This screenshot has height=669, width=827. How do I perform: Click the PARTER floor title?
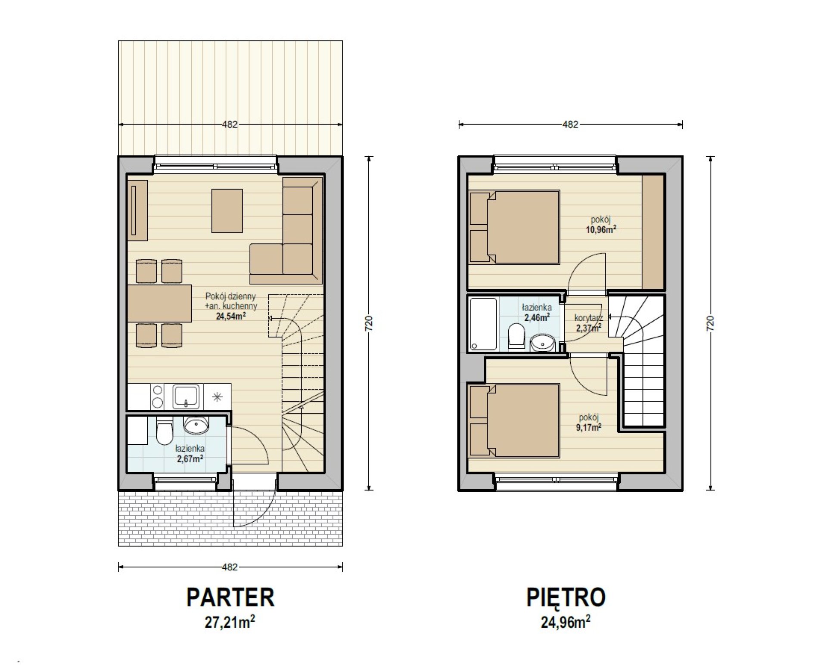(230, 597)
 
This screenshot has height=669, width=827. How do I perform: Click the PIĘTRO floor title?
(566, 597)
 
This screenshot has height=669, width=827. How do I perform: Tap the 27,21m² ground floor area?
(230, 623)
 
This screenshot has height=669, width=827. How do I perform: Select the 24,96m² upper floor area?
(566, 623)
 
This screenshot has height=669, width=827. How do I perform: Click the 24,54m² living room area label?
(230, 316)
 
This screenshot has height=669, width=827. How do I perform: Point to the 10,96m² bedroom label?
(600, 229)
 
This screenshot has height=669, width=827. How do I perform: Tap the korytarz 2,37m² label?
(589, 323)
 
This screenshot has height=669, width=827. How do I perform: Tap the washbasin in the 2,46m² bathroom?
(542, 343)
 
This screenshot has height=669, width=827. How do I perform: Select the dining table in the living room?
(159, 303)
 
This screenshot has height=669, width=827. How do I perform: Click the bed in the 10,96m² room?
(515, 227)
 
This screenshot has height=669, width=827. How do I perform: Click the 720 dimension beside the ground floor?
(369, 323)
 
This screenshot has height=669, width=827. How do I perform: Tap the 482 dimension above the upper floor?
(570, 124)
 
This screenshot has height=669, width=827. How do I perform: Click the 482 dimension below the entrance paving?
(230, 567)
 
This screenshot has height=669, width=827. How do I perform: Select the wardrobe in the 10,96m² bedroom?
(653, 232)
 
